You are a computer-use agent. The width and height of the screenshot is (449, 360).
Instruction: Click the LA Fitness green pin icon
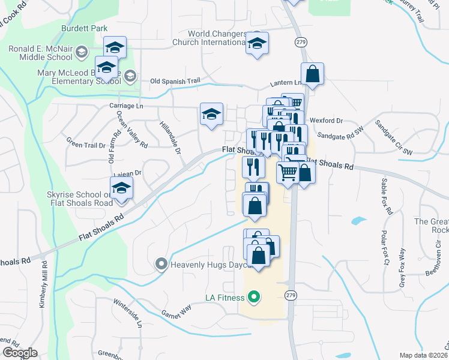point(254,297)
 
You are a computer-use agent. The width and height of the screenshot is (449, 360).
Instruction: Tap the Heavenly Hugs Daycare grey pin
point(161,264)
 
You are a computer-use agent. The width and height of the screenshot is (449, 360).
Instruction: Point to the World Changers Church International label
point(218,38)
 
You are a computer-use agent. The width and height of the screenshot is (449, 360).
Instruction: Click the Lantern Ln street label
point(289,82)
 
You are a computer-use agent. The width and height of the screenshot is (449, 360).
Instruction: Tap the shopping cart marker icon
point(288,172)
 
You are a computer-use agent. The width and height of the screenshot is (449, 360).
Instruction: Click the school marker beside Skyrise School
point(121,189)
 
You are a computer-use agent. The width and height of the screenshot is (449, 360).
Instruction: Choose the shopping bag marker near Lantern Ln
point(312,74)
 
